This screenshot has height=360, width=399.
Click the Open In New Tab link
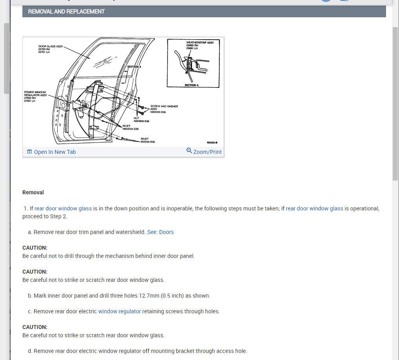coord(55,152)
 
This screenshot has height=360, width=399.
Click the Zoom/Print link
coord(207,152)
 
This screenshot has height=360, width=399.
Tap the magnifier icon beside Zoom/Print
coord(189,151)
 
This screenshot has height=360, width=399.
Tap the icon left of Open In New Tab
coord(29,152)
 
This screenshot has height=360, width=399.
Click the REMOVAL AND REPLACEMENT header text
coord(66,11)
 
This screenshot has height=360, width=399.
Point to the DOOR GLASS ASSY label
coord(50,46)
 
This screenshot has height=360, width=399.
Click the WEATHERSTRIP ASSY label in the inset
coord(200,42)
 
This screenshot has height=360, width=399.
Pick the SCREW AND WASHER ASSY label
coord(164,106)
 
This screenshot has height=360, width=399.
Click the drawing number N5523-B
coord(212,143)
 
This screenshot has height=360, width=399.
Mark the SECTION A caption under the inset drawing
coord(192,85)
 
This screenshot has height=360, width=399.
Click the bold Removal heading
coord(33,192)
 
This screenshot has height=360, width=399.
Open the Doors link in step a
coord(166,232)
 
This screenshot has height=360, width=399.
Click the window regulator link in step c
coord(119,311)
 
